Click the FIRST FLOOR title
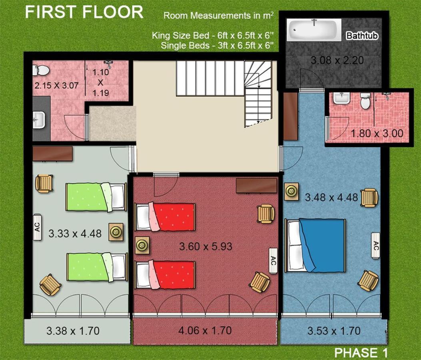pyautogui.click(x=84, y=12)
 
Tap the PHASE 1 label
pyautogui.click(x=361, y=352)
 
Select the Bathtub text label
pyautogui.click(x=362, y=36)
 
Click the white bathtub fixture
pyautogui.click(x=314, y=30)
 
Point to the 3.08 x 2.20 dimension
pyautogui.click(x=337, y=60)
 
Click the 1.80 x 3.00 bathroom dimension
pyautogui.click(x=377, y=133)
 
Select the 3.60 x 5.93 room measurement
pyautogui.click(x=206, y=246)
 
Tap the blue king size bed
pyautogui.click(x=315, y=245)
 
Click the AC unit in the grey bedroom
pyautogui.click(x=37, y=227)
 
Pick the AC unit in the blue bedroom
pyautogui.click(x=376, y=246)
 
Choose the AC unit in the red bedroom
pyautogui.click(x=273, y=260)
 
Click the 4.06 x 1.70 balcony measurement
pyautogui.click(x=205, y=330)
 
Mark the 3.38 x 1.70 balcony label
pyautogui.click(x=73, y=331)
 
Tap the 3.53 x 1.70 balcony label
pyautogui.click(x=334, y=331)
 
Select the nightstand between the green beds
pyautogui.click(x=116, y=232)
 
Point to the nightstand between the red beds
pyautogui.click(x=142, y=245)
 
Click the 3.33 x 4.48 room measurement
pyautogui.click(x=75, y=234)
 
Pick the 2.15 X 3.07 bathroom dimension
pyautogui.click(x=56, y=86)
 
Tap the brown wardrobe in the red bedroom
pyautogui.click(x=256, y=185)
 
